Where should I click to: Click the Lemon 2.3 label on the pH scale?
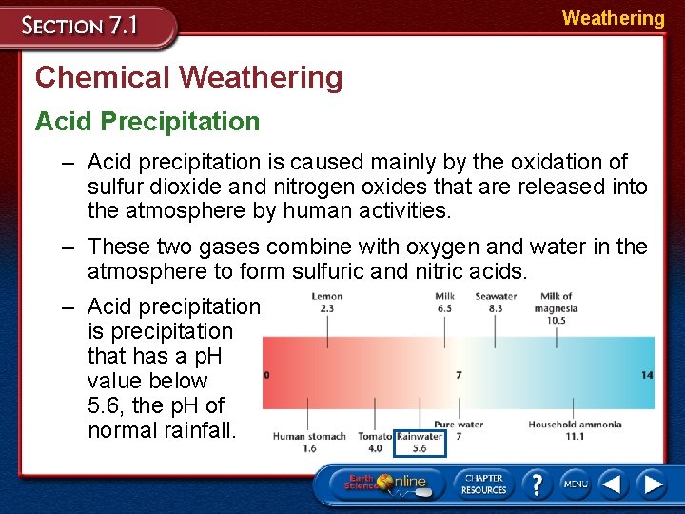point(326,303)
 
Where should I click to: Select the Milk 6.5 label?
point(444,303)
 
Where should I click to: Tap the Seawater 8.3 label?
point(496,303)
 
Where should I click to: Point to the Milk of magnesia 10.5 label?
point(556,308)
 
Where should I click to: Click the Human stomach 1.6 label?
point(309,442)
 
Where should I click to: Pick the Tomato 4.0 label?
point(375,442)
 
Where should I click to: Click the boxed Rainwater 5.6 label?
point(420,442)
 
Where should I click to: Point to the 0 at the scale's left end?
point(266,375)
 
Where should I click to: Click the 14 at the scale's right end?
point(647,375)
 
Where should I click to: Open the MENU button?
point(575,484)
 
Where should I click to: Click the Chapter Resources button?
point(483,484)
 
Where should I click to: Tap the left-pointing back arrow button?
point(614,484)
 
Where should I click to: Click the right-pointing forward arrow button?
point(653,484)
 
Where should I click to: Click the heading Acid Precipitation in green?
point(147,122)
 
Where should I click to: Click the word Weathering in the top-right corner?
point(613,18)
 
